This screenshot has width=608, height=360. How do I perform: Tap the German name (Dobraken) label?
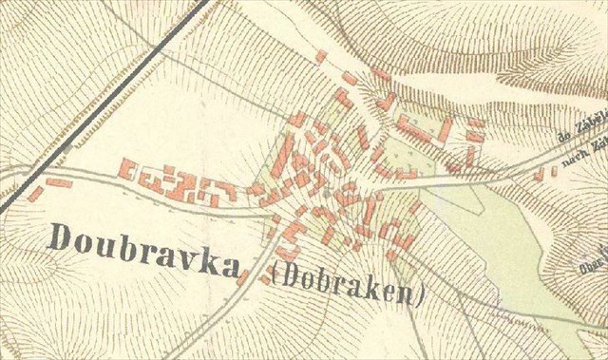tap(346, 283)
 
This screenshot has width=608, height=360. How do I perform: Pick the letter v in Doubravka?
tap(185, 245)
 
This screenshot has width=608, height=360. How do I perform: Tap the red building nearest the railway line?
tap(35, 193)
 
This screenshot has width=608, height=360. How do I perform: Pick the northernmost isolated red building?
tap(321, 57)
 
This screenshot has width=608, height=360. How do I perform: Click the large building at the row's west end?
tap(125, 168)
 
